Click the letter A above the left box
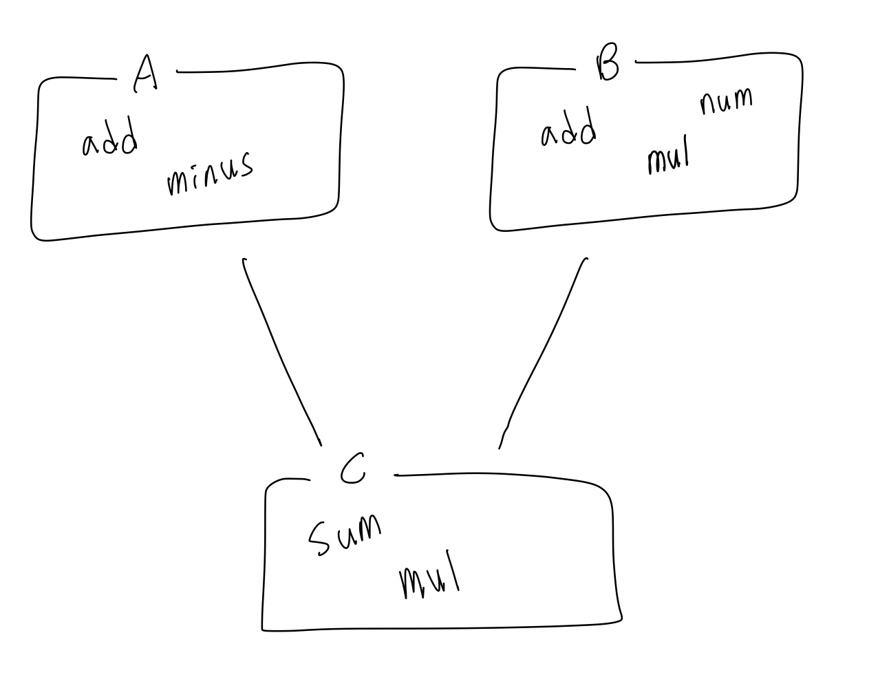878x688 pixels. click(x=145, y=74)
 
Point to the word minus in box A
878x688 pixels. click(x=209, y=174)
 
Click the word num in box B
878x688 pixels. click(x=726, y=101)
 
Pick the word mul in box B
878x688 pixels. click(x=667, y=158)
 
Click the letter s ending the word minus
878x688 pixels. click(x=246, y=166)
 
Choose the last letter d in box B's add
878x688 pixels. click(x=587, y=129)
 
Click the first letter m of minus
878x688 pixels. click(x=176, y=182)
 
